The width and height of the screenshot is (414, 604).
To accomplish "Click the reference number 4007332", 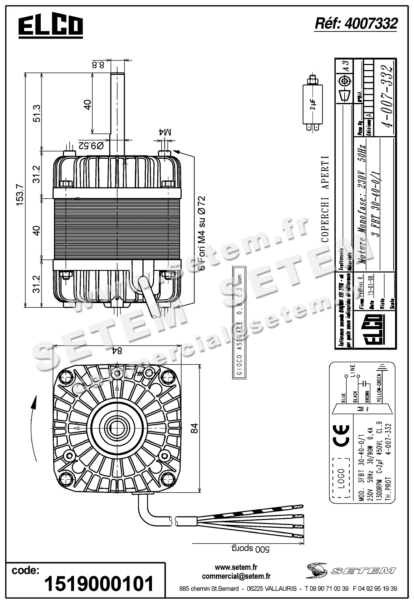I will click(356, 24).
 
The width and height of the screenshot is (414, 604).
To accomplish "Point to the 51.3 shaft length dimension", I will click(37, 113).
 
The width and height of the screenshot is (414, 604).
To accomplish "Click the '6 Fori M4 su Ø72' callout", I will click(202, 233).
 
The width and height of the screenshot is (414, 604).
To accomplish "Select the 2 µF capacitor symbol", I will click(313, 104).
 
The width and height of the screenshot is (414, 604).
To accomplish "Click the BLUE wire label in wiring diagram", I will click(344, 397).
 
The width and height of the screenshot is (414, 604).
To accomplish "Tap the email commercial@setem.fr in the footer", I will click(236, 576).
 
